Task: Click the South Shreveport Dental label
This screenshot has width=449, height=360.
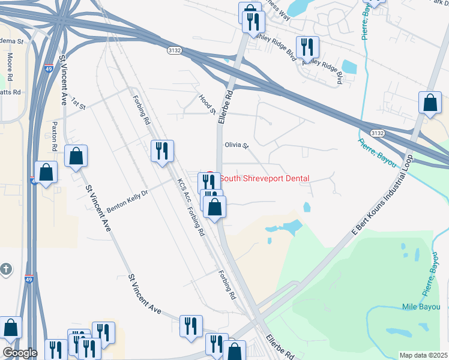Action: [x=264, y=178]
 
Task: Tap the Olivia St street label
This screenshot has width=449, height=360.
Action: [x=236, y=145]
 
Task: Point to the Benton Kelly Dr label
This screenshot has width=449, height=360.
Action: [x=127, y=201]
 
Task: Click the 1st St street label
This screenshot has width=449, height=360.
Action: [x=79, y=103]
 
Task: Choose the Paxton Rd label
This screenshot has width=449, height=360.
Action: [x=54, y=136]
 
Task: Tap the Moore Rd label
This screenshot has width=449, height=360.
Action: [x=10, y=67]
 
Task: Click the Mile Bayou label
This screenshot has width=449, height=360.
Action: [x=421, y=307]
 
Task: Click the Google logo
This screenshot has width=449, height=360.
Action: [x=19, y=353]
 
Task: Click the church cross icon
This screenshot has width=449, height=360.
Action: [x=5, y=269]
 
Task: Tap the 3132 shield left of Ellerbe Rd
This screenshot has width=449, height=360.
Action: [x=174, y=52]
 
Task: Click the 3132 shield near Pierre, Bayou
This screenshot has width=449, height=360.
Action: [x=377, y=133]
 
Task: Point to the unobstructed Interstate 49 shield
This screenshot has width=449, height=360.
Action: [x=29, y=279]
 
